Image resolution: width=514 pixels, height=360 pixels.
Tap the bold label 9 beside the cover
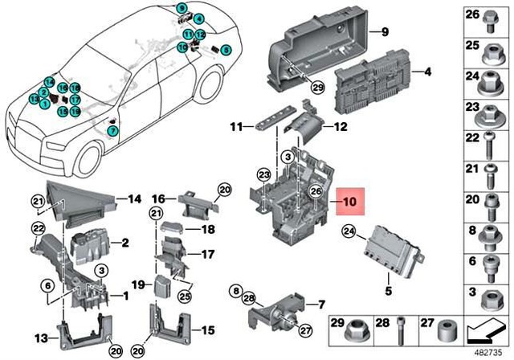[384, 32]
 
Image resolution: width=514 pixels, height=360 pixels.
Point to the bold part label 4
[427, 72]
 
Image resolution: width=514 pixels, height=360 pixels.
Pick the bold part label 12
[340, 126]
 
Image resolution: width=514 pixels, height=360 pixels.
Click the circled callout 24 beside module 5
[349, 232]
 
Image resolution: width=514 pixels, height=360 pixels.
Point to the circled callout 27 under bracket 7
[304, 329]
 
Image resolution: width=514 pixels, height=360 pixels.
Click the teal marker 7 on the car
[112, 130]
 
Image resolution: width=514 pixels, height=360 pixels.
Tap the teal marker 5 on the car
[226, 48]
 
